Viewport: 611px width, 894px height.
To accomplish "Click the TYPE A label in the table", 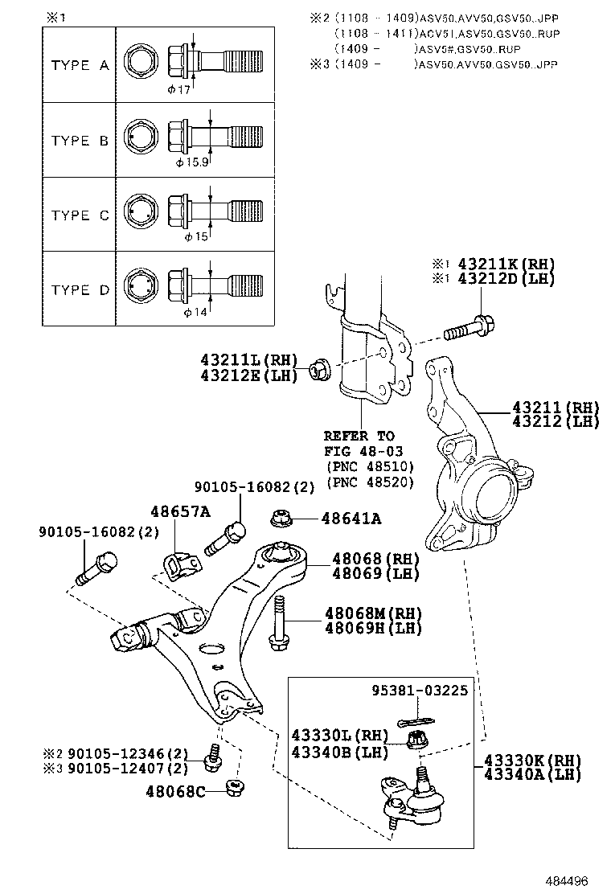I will [x=80, y=65].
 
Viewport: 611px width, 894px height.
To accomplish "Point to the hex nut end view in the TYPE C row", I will [x=140, y=214].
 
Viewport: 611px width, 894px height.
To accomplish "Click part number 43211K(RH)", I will [x=506, y=265].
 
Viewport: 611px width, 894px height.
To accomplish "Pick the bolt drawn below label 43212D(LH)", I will [x=469, y=329].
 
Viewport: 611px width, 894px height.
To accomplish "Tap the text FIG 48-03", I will [x=363, y=451].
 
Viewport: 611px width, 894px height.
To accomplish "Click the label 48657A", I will [x=180, y=511].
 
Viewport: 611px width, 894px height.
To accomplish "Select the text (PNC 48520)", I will [x=371, y=482].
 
